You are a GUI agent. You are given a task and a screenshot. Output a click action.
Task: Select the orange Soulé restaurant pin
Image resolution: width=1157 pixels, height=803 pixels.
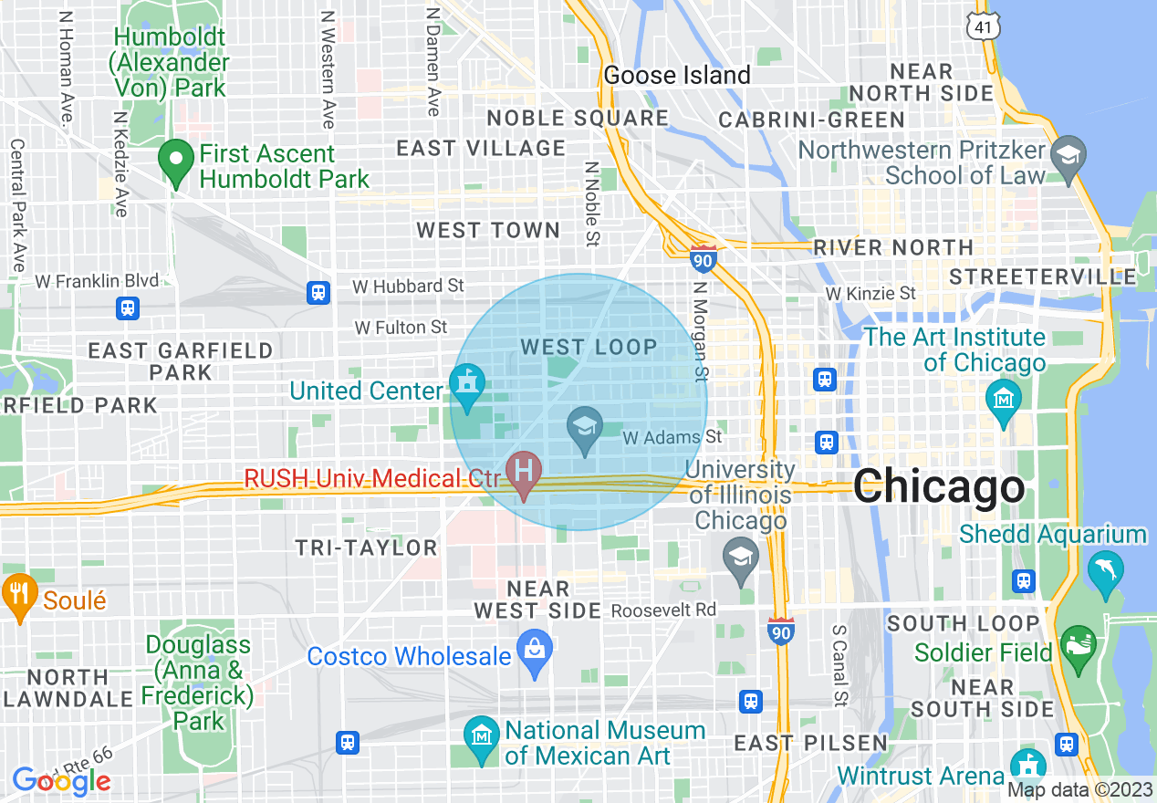coord(17,594)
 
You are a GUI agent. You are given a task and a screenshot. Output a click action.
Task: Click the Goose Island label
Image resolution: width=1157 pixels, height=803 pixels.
coord(677,75)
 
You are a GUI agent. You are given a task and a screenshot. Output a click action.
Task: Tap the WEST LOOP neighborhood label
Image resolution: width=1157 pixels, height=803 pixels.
coord(589,347)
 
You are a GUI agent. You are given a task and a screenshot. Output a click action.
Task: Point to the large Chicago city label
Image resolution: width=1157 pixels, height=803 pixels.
coord(939,486)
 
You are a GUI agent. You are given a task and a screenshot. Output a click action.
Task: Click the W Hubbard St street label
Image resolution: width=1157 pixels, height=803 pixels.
coord(408,287)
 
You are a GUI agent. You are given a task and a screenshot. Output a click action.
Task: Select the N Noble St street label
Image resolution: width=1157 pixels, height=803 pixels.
coord(591,205)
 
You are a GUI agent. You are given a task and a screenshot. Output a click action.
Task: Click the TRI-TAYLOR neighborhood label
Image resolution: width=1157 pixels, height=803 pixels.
coord(366,547)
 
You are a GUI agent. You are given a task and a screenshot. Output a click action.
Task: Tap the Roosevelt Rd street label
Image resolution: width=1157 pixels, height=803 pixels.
coord(663,609)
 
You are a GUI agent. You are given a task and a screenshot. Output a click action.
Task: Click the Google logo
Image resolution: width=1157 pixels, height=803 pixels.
coord(61,781)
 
